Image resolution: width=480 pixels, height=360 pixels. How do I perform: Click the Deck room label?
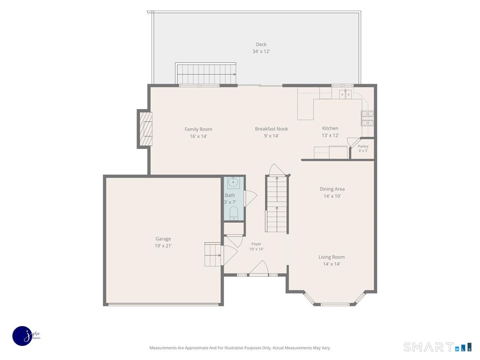pyautogui.click(x=261, y=44)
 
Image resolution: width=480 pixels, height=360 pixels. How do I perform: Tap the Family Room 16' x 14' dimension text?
pyautogui.click(x=198, y=136)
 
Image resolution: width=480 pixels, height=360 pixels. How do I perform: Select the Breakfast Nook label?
pyautogui.click(x=271, y=129)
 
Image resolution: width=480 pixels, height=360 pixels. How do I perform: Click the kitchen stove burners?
pyautogui.click(x=367, y=118)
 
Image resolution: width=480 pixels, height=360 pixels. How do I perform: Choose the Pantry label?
pyautogui.click(x=363, y=146)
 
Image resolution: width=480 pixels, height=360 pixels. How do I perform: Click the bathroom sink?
pyautogui.click(x=233, y=182)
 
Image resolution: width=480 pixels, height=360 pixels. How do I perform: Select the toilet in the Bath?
pyautogui.click(x=234, y=213)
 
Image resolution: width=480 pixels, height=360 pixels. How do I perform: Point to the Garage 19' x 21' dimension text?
pyautogui.click(x=163, y=246)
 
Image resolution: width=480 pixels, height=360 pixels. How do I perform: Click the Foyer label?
pyautogui.click(x=256, y=244)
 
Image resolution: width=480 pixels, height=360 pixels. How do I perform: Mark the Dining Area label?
pyautogui.click(x=332, y=189)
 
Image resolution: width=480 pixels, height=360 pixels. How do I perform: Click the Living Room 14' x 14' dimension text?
pyautogui.click(x=332, y=264)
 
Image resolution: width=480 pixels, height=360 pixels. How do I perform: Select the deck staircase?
pyautogui.click(x=206, y=74)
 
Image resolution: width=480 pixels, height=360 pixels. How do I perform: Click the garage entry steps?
pyautogui.click(x=212, y=254)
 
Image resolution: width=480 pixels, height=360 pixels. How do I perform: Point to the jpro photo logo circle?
pyautogui.click(x=22, y=336)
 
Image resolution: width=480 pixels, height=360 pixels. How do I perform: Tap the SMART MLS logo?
pyautogui.click(x=437, y=347)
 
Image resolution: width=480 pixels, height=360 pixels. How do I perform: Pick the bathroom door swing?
pyautogui.click(x=251, y=198)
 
